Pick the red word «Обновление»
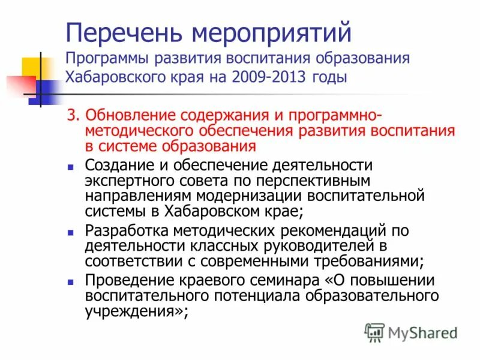click(142, 115)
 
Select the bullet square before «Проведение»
click(71, 281)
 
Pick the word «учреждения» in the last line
click(131, 311)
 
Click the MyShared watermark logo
click(412, 332)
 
